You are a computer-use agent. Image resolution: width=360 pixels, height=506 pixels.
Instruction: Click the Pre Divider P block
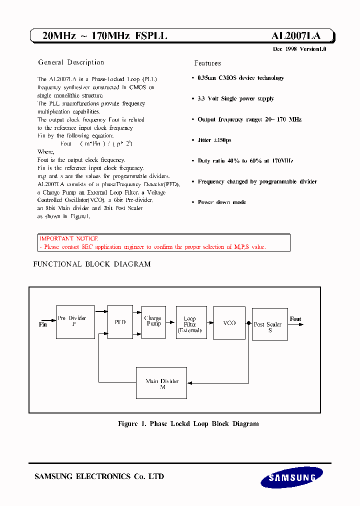pos(75,322)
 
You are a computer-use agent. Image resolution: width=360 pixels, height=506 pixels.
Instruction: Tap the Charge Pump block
pos(153,321)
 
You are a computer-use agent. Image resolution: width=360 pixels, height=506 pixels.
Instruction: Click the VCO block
pos(229,323)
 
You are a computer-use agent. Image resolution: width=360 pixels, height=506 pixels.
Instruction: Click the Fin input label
pos(42,324)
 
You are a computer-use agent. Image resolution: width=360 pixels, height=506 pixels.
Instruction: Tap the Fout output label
pos(295,319)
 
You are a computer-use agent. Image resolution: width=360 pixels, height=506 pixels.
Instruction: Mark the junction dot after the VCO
pos(248,323)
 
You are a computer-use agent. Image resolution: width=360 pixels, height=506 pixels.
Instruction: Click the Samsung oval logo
pos(288,477)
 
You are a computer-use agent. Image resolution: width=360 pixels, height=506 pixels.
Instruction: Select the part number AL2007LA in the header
pos(295,36)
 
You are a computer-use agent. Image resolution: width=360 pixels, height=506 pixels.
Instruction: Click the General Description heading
pos(71,62)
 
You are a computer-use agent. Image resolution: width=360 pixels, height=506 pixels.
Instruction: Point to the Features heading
pos(207,63)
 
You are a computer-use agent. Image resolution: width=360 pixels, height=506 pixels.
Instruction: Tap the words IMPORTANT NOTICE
pos(69,239)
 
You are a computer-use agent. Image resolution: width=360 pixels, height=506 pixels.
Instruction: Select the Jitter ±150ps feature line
pos(214,140)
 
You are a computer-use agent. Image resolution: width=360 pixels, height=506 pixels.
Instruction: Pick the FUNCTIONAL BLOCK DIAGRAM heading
pos(91,264)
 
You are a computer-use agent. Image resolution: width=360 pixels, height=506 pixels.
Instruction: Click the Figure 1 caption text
pos(188,423)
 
